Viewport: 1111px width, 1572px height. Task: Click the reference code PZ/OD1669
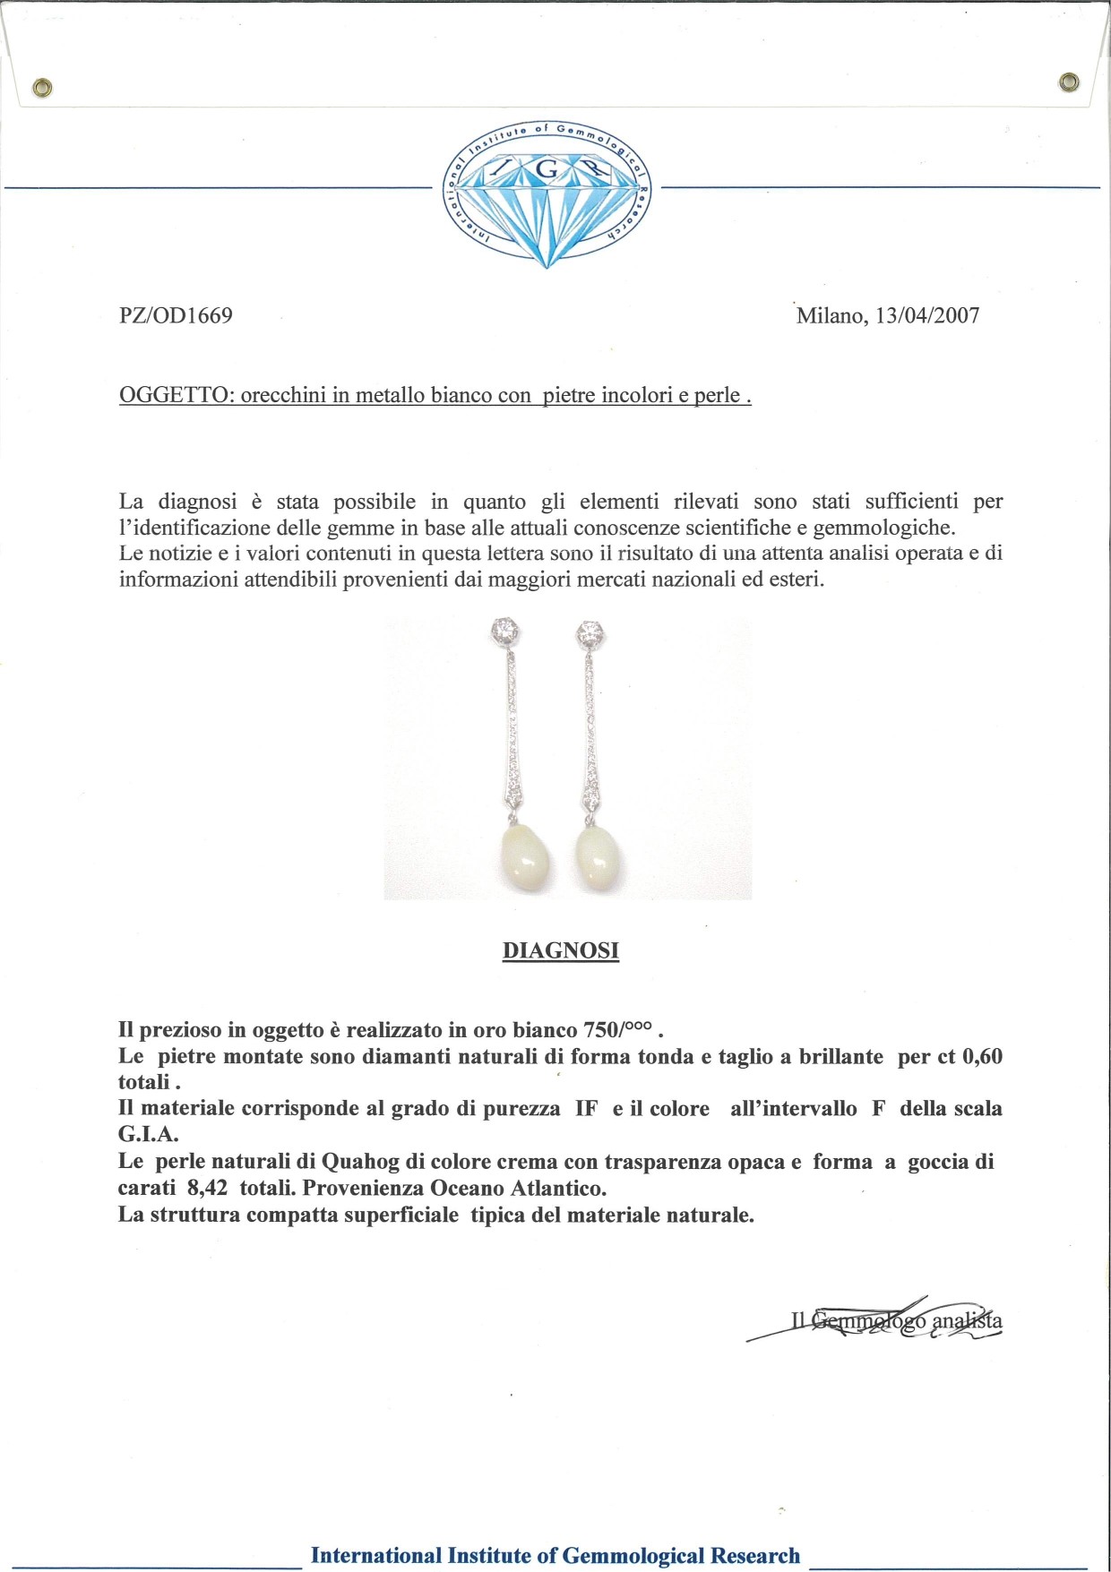(x=176, y=315)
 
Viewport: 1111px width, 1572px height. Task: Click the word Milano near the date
(x=829, y=315)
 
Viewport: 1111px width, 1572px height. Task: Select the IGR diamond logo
(x=547, y=193)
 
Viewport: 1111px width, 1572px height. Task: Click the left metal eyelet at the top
(x=42, y=87)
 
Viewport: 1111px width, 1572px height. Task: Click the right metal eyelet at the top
(x=1068, y=82)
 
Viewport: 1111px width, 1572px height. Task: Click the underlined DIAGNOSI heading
(x=561, y=950)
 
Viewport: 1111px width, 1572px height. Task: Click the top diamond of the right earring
(x=590, y=633)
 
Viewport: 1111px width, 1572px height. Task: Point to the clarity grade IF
(x=586, y=1108)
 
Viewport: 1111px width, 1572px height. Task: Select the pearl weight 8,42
(x=207, y=1188)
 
